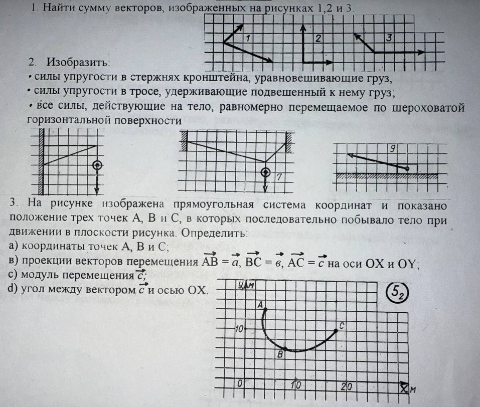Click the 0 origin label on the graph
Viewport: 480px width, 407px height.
point(241,383)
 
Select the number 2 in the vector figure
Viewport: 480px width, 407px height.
point(318,39)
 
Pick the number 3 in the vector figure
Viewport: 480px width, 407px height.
point(389,38)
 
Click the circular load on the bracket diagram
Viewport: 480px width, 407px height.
point(97,165)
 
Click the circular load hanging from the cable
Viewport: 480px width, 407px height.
point(265,172)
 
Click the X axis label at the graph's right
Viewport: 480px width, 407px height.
point(406,388)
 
